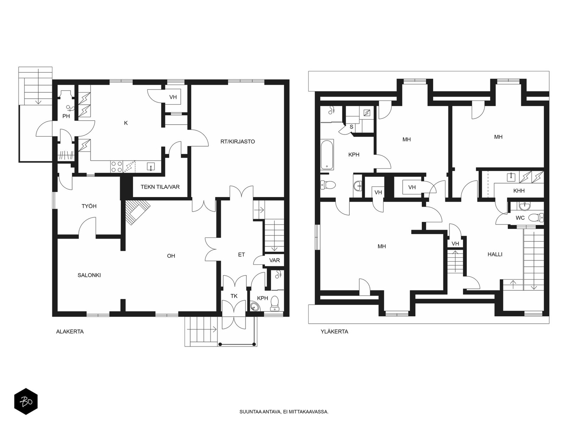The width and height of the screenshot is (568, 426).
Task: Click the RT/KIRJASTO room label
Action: click(x=237, y=142)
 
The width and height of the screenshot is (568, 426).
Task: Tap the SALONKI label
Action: click(x=89, y=275)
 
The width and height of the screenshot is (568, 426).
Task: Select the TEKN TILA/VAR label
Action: click(x=160, y=187)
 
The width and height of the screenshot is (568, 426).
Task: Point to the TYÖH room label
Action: click(x=89, y=206)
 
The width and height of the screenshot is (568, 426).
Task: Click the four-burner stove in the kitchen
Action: click(x=116, y=166)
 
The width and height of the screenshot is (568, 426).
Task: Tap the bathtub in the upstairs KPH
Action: click(x=327, y=155)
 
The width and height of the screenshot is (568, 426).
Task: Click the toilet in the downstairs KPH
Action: click(x=274, y=304)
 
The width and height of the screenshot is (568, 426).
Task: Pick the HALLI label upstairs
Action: click(x=495, y=254)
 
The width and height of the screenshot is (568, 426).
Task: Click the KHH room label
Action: click(x=519, y=191)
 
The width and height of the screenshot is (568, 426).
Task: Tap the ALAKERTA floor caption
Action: click(x=70, y=332)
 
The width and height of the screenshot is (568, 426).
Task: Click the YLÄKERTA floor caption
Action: click(x=334, y=332)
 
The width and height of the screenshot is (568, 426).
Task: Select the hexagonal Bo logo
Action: click(x=26, y=402)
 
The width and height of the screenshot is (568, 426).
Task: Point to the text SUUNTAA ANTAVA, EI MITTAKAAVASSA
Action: click(x=284, y=412)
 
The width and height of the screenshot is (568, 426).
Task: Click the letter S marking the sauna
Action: click(x=351, y=127)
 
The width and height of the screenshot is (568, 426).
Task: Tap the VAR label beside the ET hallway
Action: click(x=274, y=260)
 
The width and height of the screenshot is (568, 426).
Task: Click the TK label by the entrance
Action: click(x=234, y=296)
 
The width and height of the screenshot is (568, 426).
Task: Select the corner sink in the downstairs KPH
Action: click(x=255, y=306)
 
